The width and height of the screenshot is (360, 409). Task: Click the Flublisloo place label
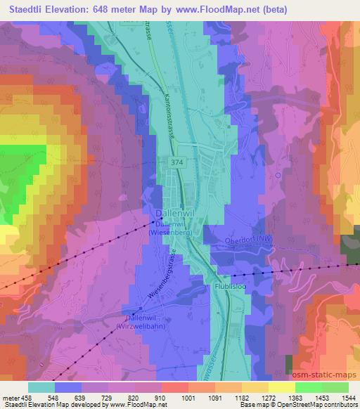230,287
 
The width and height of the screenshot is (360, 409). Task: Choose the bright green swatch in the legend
308,387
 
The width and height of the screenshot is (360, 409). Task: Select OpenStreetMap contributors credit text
321,405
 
